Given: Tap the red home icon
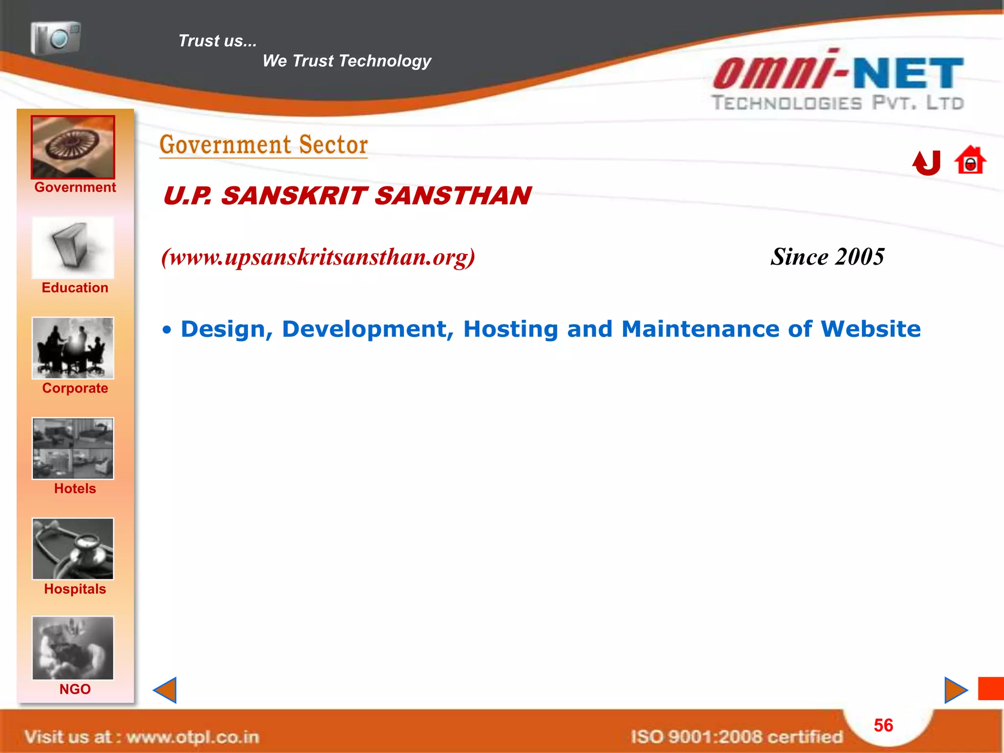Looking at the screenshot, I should pyautogui.click(x=970, y=161).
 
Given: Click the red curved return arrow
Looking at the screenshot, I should pyautogui.click(x=927, y=163).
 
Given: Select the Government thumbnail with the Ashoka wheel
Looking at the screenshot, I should pyautogui.click(x=73, y=147).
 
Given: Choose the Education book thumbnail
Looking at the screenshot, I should pyautogui.click(x=73, y=248).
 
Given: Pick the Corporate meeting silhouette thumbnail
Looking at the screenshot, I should pyautogui.click(x=73, y=348).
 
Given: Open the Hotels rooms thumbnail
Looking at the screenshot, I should pyautogui.click(x=73, y=449).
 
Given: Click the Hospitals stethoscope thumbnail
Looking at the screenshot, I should pyautogui.click(x=73, y=549).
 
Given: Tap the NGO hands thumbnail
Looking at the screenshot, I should pyautogui.click(x=73, y=648).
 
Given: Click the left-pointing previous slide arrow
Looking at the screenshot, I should pyautogui.click(x=165, y=690).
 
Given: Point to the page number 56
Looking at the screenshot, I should pyautogui.click(x=883, y=725).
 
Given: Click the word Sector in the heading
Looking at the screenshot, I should pyautogui.click(x=333, y=145).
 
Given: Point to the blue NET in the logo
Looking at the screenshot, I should pyautogui.click(x=908, y=74).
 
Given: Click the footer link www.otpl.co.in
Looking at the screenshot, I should pyautogui.click(x=193, y=737).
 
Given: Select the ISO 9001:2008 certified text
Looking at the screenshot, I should pyautogui.click(x=736, y=737).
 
